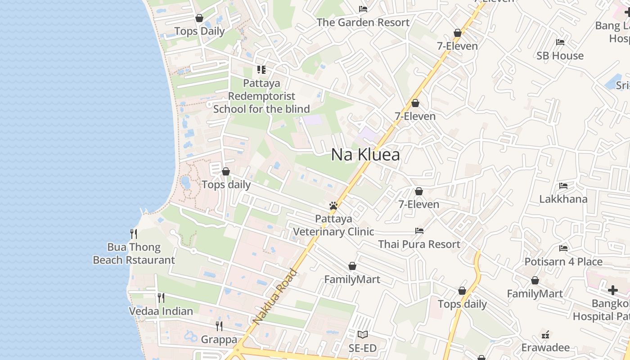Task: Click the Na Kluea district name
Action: [x=365, y=155]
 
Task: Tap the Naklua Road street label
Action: [x=275, y=297]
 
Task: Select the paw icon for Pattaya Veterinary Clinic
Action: [x=333, y=206]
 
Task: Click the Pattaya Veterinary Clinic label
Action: [x=333, y=225]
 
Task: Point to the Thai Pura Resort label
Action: [x=419, y=244]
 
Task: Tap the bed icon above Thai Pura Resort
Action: [x=419, y=231]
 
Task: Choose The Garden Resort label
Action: [x=363, y=22]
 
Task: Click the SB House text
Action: [x=560, y=56]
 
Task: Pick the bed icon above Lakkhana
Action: [x=563, y=186]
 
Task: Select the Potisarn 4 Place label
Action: [x=563, y=261]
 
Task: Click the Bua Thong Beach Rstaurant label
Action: [x=134, y=253]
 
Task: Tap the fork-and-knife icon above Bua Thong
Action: [x=134, y=234]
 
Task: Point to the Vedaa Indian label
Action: [x=161, y=311]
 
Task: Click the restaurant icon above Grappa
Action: [x=219, y=326]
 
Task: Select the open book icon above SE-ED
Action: [x=363, y=334]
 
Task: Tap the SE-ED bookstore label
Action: [x=363, y=348]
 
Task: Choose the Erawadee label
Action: [x=545, y=347]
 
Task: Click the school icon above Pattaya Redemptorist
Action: [x=261, y=70]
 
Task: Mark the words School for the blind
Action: [x=261, y=109]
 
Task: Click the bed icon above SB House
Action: [x=560, y=42]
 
